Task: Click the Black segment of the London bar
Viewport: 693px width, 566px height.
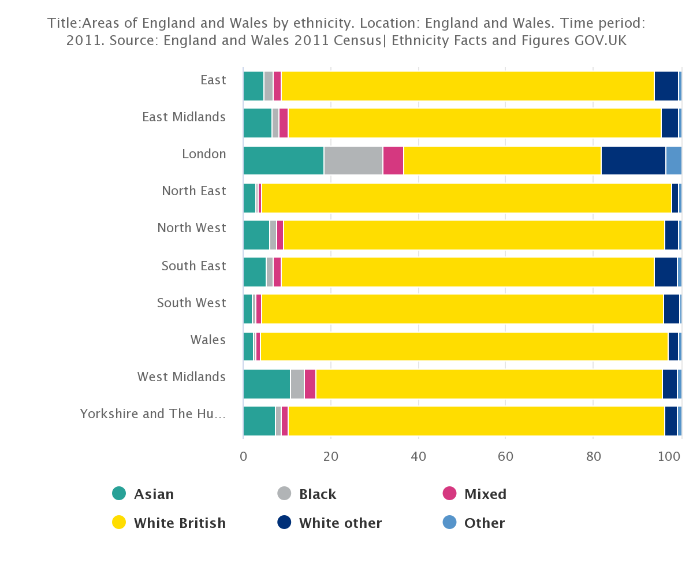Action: tap(353, 161)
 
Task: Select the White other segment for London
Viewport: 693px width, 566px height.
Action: tap(633, 161)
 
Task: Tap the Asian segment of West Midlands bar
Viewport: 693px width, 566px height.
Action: tap(266, 384)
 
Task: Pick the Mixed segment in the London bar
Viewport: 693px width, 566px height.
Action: tap(393, 161)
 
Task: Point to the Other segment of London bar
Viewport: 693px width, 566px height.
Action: tap(673, 161)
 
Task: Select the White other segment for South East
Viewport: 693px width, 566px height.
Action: tap(665, 272)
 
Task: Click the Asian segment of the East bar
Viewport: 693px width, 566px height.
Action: tap(253, 86)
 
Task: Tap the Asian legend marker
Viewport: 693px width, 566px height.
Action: tap(119, 494)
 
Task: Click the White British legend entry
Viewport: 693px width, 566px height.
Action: tap(179, 523)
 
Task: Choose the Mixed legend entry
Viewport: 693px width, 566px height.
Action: tap(485, 494)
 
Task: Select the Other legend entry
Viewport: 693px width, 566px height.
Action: tap(484, 523)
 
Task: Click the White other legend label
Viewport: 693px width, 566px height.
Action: tap(340, 523)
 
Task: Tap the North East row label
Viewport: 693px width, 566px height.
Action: tap(193, 191)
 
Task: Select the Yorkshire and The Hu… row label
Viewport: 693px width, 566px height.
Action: tap(152, 414)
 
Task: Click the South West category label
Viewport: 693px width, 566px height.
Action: tap(191, 303)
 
